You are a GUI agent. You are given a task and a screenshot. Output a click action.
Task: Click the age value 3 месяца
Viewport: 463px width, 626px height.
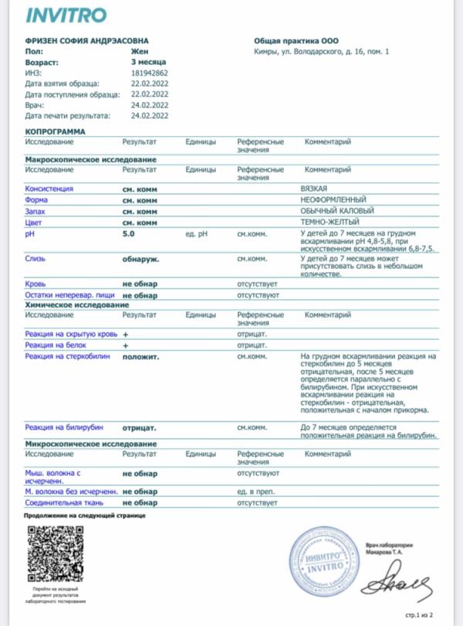click(148, 61)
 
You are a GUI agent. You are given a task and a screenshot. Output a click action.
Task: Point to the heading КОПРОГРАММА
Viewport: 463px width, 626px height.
click(56, 132)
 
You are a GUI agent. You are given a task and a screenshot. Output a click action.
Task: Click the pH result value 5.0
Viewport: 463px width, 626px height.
click(128, 233)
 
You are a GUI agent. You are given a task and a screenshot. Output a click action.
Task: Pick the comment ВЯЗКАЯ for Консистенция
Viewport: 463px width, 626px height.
click(313, 189)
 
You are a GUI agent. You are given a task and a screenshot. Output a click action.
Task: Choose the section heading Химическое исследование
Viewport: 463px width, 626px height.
click(76, 305)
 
